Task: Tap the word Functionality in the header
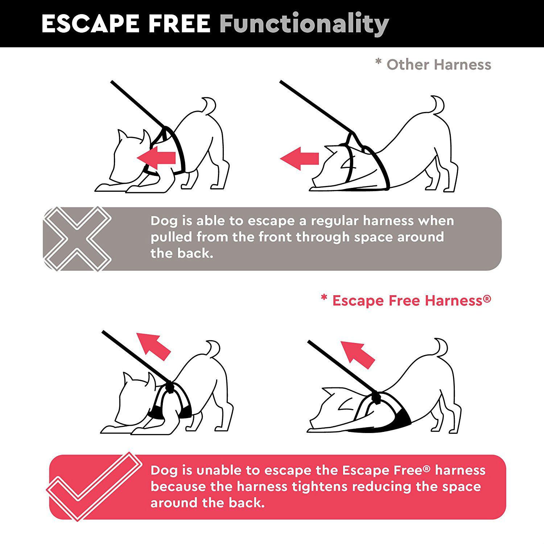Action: point(304,25)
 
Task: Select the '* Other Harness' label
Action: point(433,65)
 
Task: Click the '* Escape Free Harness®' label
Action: point(406,301)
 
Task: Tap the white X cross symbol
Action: point(77,239)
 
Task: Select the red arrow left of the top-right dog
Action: point(300,158)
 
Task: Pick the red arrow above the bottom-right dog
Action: point(357,354)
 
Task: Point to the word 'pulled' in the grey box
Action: point(172,238)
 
